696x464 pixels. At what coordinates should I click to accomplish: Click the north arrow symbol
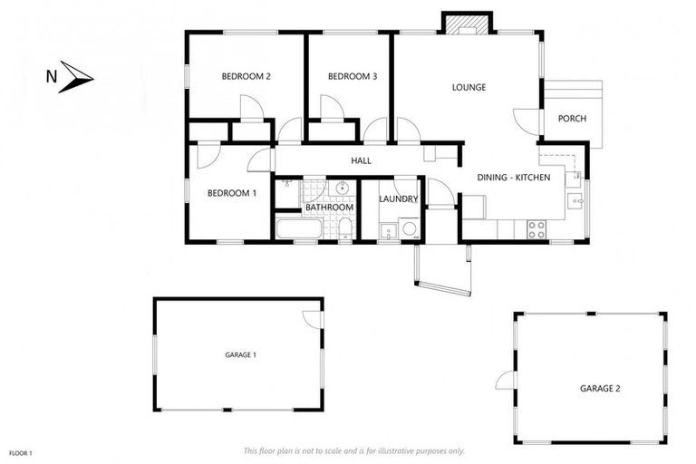coord(77,77)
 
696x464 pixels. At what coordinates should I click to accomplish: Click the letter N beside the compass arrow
coord(51,77)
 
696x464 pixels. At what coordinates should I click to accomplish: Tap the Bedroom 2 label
coord(246,77)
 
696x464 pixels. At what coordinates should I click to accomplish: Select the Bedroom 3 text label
coord(352,77)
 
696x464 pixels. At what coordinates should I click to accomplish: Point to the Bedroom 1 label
coord(232,193)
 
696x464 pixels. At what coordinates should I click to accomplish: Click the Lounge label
coord(469,88)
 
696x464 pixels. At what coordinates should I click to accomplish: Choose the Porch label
coord(571,119)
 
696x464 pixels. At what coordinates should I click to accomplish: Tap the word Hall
coord(362,161)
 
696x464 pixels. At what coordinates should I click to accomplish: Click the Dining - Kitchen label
coord(514,178)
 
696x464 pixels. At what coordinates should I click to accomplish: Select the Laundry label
coord(398,199)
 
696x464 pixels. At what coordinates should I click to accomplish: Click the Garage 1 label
coord(240,355)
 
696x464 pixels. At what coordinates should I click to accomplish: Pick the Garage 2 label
coord(600,388)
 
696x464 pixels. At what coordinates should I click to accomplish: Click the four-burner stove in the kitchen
coord(536,230)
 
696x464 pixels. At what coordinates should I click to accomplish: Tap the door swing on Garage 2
coord(505,381)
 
